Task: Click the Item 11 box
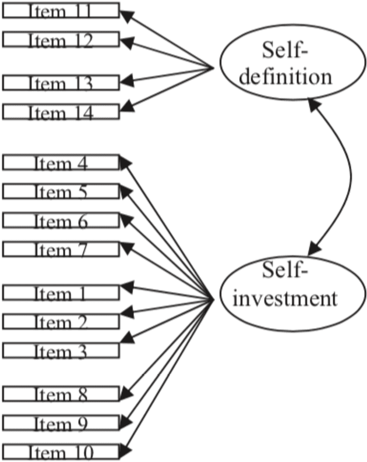61,10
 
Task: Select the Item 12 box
61,39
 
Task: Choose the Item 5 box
61,190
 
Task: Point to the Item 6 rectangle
61,219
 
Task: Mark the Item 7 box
61,248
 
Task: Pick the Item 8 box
61,394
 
